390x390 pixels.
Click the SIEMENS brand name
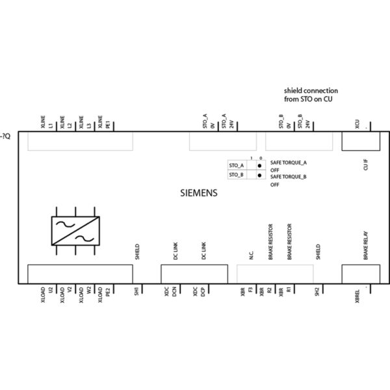198,193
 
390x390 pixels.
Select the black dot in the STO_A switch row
259,166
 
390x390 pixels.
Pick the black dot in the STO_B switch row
259,175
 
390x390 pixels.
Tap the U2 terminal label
51,290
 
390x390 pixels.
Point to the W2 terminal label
89,290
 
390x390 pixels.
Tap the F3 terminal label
251,290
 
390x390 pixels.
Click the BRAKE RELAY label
366,248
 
